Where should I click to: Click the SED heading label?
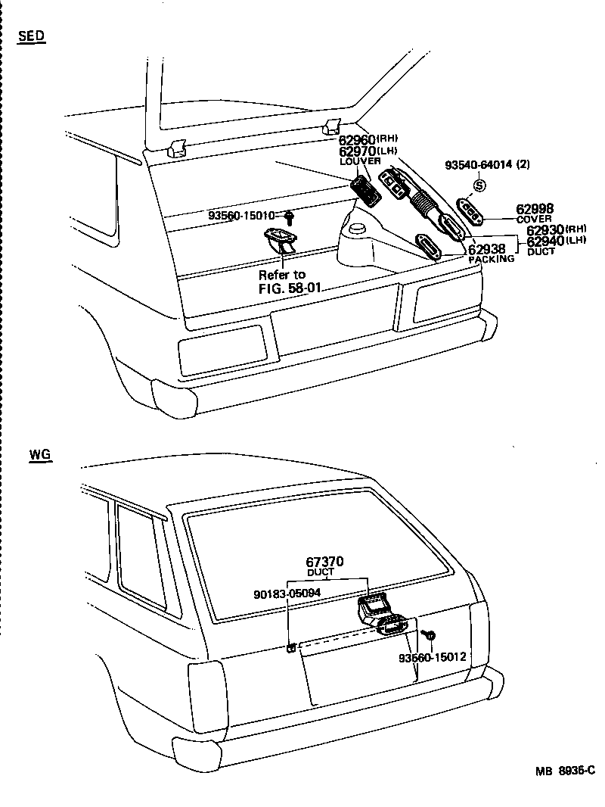31,36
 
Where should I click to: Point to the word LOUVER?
360,161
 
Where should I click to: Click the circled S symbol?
479,185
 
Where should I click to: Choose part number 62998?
535,208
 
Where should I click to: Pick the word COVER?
534,219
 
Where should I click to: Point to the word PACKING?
491,259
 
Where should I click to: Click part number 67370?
325,562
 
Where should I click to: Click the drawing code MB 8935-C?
566,771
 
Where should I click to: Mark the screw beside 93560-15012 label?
429,634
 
